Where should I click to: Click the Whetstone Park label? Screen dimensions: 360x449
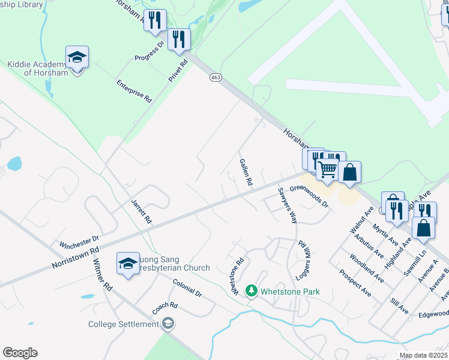(x=290, y=292)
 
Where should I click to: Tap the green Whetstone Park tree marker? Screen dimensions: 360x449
(x=252, y=292)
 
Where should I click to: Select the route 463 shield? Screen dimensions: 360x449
(x=216, y=77)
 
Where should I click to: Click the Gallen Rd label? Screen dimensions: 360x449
(x=244, y=172)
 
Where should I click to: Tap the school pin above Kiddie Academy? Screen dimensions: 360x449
(x=77, y=58)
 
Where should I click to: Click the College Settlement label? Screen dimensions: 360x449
(x=124, y=325)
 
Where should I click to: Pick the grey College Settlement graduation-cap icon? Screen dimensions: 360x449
(x=169, y=325)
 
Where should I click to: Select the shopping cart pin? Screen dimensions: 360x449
(x=327, y=169)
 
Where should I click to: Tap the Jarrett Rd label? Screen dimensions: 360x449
(x=142, y=212)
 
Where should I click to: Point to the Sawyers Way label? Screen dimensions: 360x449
(x=288, y=206)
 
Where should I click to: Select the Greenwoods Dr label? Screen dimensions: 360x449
(x=310, y=196)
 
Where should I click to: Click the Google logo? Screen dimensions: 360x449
(x=20, y=353)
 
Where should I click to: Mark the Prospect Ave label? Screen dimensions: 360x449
(x=355, y=283)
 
